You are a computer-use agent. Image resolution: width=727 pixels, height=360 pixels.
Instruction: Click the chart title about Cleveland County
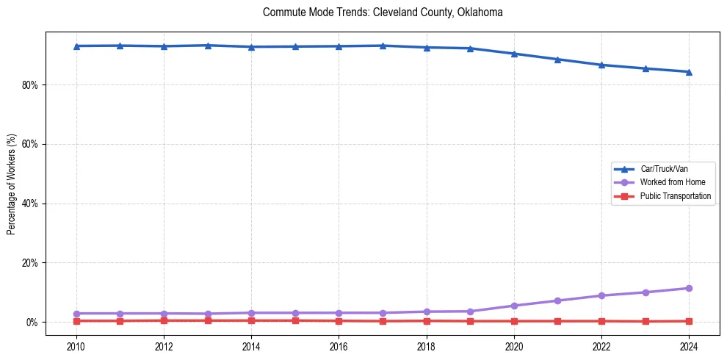(x=382, y=12)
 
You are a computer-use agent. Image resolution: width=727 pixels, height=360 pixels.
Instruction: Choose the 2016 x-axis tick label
(x=339, y=347)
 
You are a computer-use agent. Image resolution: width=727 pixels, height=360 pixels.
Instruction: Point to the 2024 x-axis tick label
(x=689, y=347)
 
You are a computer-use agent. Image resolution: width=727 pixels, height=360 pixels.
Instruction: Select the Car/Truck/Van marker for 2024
(x=689, y=72)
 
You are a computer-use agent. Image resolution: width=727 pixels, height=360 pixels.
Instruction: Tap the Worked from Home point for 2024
(x=689, y=288)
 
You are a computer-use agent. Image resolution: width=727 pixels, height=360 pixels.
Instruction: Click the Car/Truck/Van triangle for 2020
(x=514, y=54)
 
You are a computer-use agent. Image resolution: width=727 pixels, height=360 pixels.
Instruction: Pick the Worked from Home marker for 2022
(x=601, y=295)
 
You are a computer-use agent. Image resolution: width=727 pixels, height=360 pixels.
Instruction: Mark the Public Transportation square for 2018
(x=427, y=321)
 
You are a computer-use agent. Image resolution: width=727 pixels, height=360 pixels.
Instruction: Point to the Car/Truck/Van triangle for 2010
(x=76, y=46)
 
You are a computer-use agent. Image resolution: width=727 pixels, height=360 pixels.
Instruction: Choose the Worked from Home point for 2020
(x=514, y=306)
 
